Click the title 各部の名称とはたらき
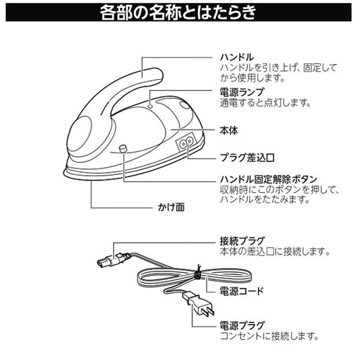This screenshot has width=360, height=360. tap(178, 12)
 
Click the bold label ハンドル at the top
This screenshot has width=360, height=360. tap(237, 58)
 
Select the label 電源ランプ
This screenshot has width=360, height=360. tap(242, 92)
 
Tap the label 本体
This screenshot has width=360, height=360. tap(229, 130)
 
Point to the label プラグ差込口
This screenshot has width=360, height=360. tap(247, 158)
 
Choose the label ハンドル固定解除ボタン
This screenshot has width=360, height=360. tap(269, 179)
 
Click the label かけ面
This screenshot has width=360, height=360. tap(171, 207)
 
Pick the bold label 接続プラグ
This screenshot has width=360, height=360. tap(242, 240)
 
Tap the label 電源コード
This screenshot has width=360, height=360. tap(242, 291)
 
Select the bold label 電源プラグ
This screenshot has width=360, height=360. tap(242, 325)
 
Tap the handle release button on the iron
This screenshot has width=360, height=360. tap(123, 148)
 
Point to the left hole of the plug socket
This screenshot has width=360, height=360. tap(183, 143)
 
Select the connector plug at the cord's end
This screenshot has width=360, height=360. tap(113, 260)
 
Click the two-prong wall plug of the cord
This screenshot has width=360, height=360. tap(199, 304)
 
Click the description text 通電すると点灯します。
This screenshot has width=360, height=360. tap(265, 103)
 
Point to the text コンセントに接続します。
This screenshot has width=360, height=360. tap(269, 336)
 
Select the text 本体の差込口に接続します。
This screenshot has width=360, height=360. tap(275, 251)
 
